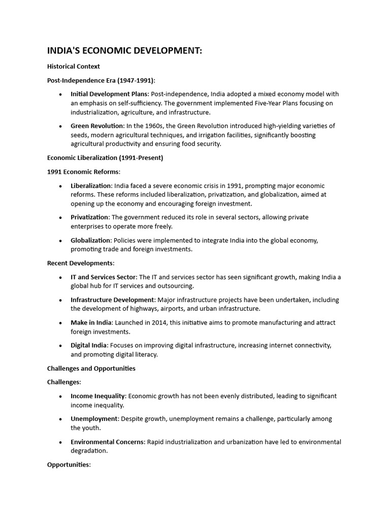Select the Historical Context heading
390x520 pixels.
tap(73, 67)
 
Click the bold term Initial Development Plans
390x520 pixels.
tap(109, 94)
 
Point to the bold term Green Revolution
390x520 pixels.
tap(97, 125)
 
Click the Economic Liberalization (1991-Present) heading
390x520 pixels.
tap(105, 157)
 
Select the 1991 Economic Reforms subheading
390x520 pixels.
tap(84, 172)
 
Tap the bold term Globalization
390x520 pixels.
tap(90, 240)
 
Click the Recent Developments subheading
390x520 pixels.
tap(81, 263)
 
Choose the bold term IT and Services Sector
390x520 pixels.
tap(104, 277)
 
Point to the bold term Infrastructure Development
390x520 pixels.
tap(112, 300)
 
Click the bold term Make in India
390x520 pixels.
tap(91, 322)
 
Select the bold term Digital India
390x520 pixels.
tap(89, 345)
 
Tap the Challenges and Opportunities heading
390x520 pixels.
tap(91, 368)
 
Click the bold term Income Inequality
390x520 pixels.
tap(98, 396)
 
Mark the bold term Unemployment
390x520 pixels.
tap(94, 419)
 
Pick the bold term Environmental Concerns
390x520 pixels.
tap(108, 442)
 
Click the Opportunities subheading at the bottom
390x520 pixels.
tap(69, 465)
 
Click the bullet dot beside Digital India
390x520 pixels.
tap(60, 346)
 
